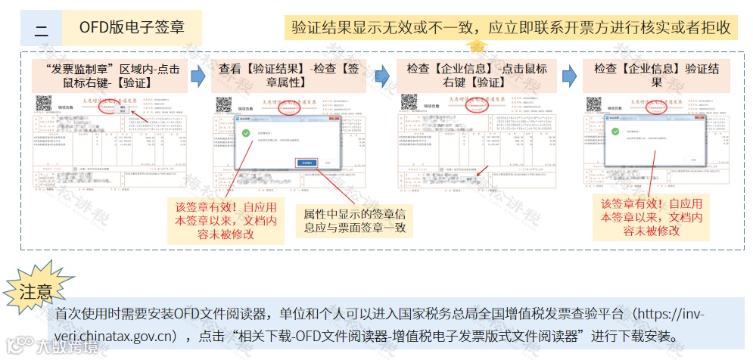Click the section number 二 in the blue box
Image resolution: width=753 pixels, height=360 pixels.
click(x=41, y=31)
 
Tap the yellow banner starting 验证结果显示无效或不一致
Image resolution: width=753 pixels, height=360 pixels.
click(x=512, y=28)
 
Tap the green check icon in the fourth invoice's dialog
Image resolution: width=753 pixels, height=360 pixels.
click(x=614, y=134)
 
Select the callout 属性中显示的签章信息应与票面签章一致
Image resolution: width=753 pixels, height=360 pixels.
click(x=355, y=219)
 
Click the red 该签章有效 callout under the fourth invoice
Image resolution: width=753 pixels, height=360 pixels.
click(x=651, y=217)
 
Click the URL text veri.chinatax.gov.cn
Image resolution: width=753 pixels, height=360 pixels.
click(x=114, y=335)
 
